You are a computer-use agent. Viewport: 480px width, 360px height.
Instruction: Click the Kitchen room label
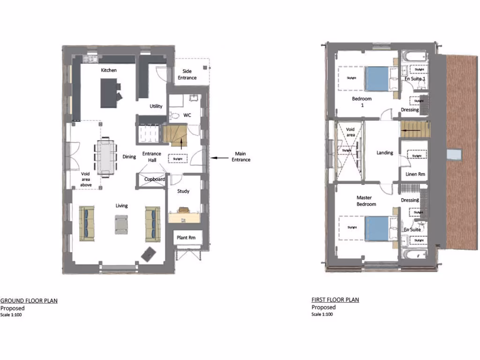click(109, 70)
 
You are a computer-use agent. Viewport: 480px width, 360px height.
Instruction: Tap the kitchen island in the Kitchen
click(108, 93)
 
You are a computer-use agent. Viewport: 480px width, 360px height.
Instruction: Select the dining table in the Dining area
click(105, 157)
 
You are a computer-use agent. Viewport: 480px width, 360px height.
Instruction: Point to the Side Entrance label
click(187, 74)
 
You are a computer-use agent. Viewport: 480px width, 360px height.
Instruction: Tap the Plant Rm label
click(186, 238)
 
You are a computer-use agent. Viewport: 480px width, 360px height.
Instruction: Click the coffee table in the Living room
click(121, 224)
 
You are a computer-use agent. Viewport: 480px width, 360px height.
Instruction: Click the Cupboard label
click(154, 180)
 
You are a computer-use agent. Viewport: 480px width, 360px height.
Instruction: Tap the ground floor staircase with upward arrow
click(175, 135)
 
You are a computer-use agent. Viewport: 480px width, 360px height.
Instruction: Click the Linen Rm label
click(415, 174)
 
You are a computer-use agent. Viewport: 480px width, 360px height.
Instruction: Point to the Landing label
click(384, 153)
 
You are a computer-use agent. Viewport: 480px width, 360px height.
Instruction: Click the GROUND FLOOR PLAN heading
click(29, 301)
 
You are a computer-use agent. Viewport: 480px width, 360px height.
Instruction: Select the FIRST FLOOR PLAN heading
click(335, 300)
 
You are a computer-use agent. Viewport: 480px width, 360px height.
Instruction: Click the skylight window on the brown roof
click(454, 154)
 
